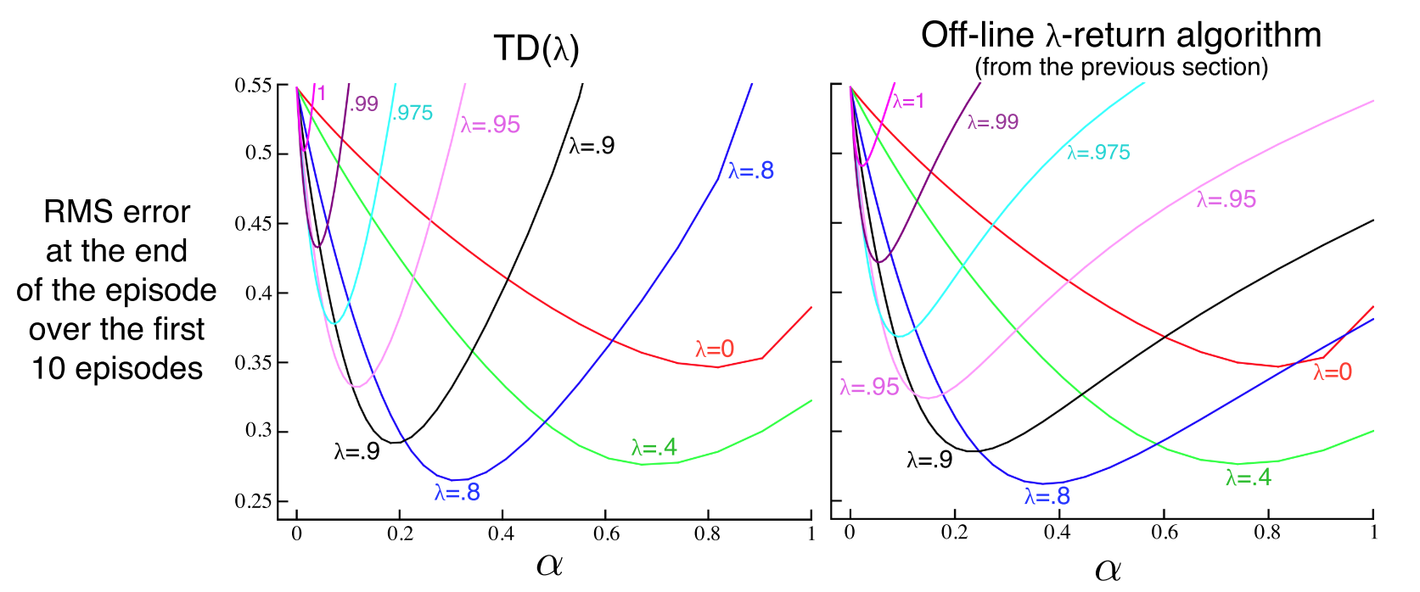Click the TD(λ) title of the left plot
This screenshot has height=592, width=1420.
(x=536, y=49)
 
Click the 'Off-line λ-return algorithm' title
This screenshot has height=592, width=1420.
(x=1120, y=35)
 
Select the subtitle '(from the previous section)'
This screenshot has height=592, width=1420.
(x=1120, y=67)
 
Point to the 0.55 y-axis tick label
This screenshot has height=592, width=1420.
(x=253, y=86)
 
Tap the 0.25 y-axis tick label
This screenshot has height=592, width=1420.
(x=253, y=501)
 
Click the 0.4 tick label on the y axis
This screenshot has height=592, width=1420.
(x=258, y=293)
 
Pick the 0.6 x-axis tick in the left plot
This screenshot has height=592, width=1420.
(x=606, y=533)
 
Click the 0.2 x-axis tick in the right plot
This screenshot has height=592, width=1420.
(x=954, y=532)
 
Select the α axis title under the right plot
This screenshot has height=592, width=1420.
(x=1108, y=569)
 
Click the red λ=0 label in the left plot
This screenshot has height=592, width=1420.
(x=715, y=349)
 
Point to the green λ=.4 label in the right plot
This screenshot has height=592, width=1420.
(x=1248, y=478)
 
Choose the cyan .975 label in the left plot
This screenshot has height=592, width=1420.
(x=413, y=113)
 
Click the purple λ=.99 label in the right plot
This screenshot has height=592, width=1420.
(x=992, y=122)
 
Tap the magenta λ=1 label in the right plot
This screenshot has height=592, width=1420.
(x=908, y=102)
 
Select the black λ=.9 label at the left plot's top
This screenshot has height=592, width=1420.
(x=592, y=146)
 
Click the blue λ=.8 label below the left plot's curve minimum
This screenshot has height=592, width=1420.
(x=457, y=492)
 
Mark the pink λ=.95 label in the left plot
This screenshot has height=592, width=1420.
(x=490, y=125)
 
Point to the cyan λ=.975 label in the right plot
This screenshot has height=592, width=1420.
(x=1098, y=153)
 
